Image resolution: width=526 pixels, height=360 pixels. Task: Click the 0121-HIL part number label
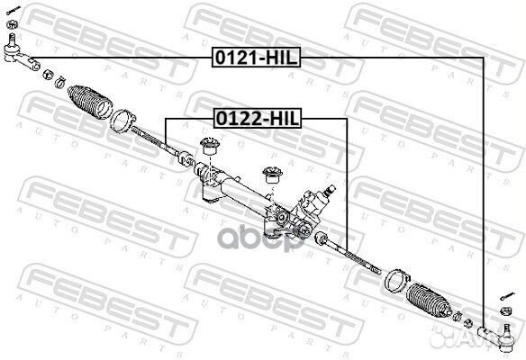255,56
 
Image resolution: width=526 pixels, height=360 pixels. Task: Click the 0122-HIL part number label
257,118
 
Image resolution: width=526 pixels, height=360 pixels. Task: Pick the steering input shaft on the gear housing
331,191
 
